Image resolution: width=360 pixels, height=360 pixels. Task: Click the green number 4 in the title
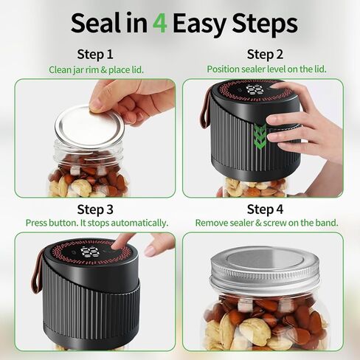160,24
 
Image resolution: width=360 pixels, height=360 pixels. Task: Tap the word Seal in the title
97,23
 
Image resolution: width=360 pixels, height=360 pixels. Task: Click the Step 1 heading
95,54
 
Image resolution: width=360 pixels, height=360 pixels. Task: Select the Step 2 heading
265,54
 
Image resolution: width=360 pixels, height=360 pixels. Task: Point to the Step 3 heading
95,210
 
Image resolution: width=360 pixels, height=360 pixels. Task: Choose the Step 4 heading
265,210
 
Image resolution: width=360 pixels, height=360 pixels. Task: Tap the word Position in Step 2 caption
223,69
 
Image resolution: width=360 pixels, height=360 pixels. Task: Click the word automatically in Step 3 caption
139,224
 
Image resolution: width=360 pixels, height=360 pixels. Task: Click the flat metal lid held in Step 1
90,128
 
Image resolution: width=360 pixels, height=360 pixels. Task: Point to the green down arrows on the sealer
260,136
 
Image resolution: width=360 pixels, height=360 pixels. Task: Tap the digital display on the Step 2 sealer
254,90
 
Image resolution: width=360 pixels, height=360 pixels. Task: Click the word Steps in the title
265,24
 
